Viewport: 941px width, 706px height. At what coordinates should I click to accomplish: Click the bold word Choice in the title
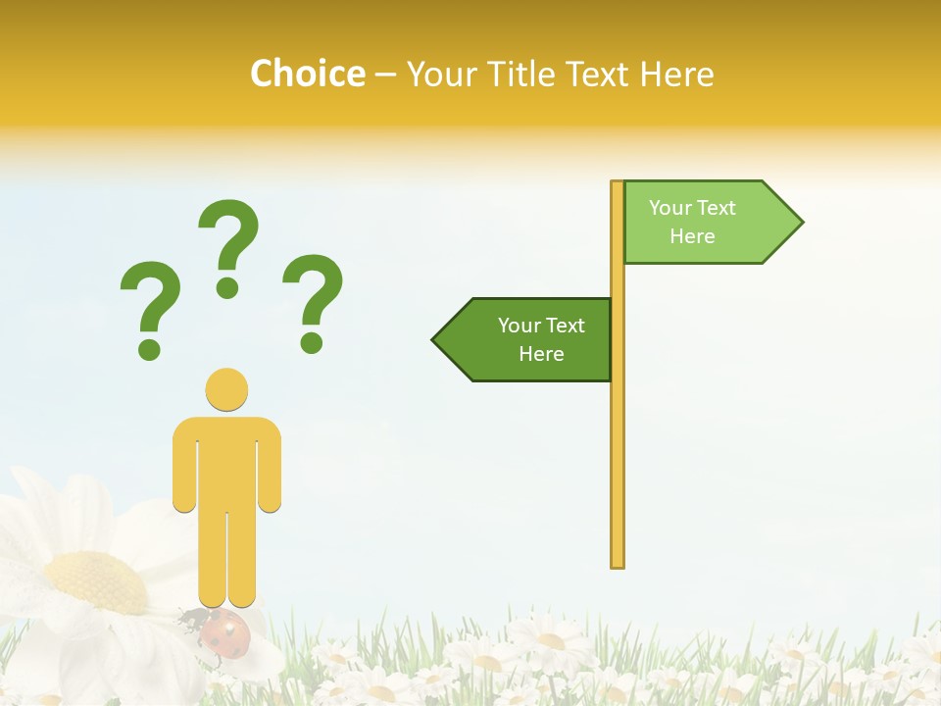(307, 74)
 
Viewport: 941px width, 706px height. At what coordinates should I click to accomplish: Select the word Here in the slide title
(676, 74)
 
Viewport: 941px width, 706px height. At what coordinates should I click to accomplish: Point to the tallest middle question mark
(228, 245)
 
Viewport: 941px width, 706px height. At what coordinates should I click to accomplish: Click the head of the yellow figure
(226, 389)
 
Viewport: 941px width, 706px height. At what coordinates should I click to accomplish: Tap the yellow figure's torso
(226, 461)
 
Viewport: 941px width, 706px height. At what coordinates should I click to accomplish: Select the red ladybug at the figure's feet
(224, 636)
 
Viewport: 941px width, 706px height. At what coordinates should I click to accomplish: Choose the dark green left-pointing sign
(529, 339)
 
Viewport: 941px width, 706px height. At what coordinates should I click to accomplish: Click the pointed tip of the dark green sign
(435, 340)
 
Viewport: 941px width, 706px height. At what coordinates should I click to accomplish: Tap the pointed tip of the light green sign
(800, 223)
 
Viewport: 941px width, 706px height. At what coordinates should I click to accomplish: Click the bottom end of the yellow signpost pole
(618, 563)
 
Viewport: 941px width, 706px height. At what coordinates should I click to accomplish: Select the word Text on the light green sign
(717, 208)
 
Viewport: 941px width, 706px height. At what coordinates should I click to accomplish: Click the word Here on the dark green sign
(541, 354)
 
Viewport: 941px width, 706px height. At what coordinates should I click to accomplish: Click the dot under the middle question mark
(228, 287)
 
